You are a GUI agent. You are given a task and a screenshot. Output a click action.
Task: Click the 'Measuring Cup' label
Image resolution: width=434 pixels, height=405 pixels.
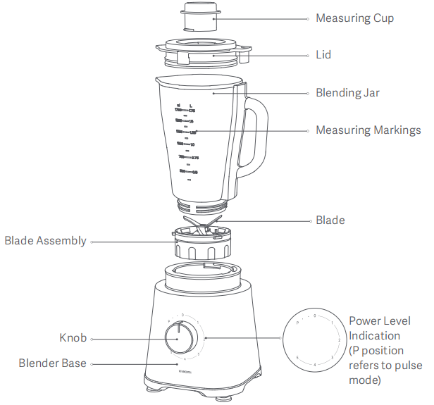(x=354, y=18)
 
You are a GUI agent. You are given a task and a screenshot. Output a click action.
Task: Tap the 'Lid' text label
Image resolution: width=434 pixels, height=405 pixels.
(x=323, y=54)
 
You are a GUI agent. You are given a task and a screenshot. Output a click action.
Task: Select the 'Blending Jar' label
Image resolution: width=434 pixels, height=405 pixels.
(x=347, y=93)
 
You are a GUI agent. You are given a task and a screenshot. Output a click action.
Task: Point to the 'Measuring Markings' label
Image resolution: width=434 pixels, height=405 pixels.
(x=368, y=130)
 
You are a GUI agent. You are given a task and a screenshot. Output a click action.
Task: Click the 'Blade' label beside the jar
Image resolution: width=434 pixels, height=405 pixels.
(x=330, y=220)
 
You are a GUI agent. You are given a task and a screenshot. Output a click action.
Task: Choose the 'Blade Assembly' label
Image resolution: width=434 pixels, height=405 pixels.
(x=45, y=241)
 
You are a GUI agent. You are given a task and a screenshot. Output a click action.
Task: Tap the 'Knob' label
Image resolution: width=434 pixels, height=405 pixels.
(x=73, y=338)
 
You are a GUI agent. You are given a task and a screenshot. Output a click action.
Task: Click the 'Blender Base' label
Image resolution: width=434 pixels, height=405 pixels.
(x=53, y=363)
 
